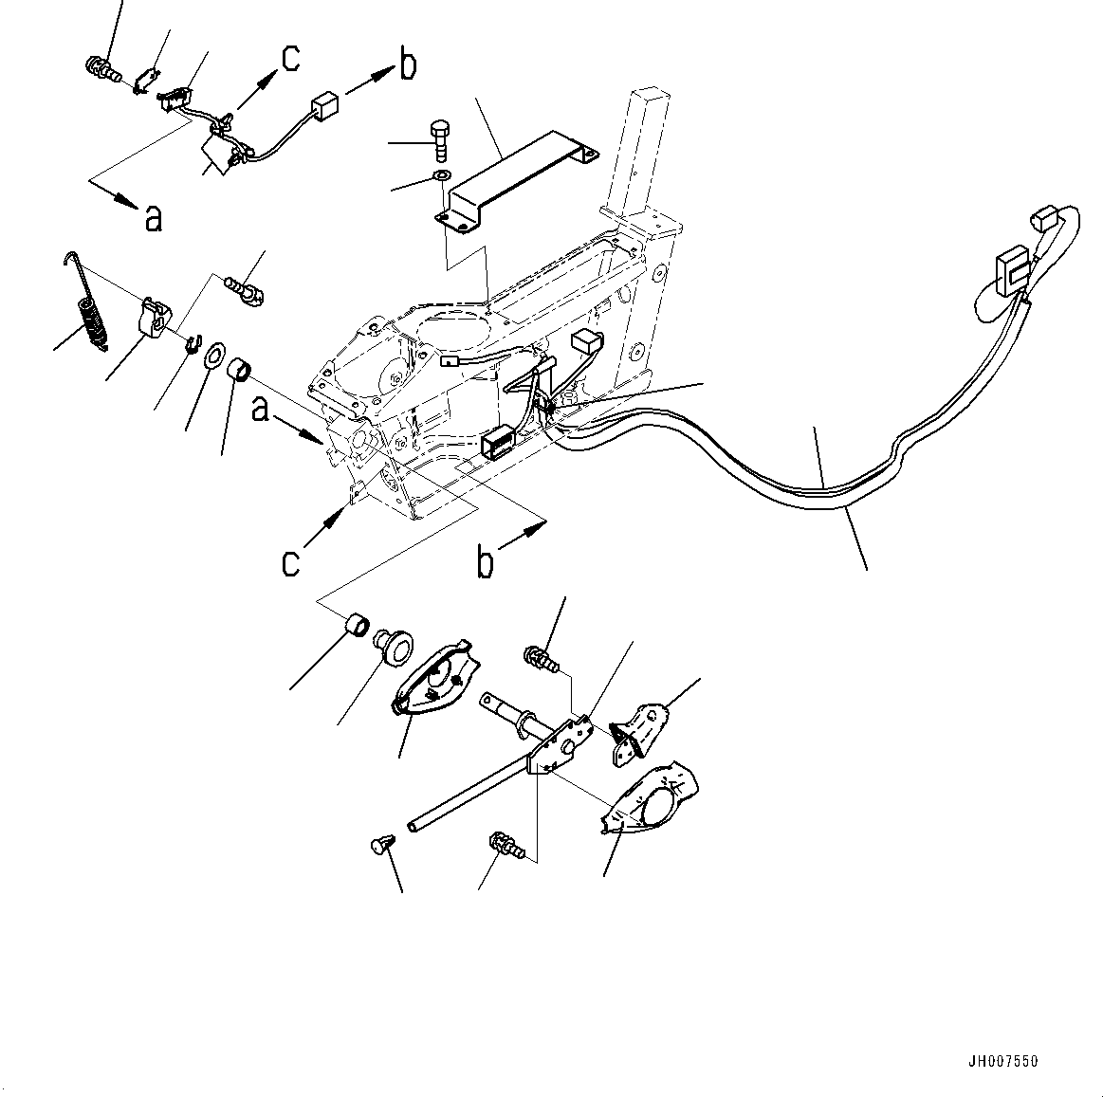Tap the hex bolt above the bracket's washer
coord(441,141)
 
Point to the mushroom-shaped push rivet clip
coord(381,845)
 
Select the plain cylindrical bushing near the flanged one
coord(358,627)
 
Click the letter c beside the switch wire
coord(290,58)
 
